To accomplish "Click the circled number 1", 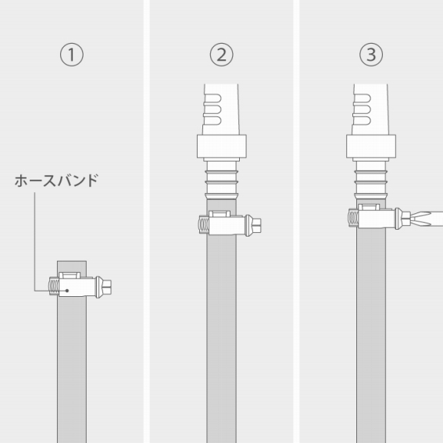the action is tap(72, 55).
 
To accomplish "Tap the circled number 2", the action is tap(222, 55).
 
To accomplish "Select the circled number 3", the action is tap(371, 55).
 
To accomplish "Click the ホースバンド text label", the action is tap(56, 180).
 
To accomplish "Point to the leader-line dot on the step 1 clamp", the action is tap(67, 291).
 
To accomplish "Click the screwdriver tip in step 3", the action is tap(413, 220).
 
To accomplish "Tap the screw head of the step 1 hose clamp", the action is tap(103, 287).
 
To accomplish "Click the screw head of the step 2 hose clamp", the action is tap(253, 226).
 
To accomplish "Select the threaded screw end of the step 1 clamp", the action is tap(54, 286).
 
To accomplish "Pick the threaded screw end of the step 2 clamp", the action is tap(204, 224).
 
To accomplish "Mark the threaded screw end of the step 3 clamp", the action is tap(353, 219).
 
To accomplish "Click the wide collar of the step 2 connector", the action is tap(222, 146).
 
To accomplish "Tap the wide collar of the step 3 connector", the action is tap(371, 146).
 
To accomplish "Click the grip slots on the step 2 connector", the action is tap(213, 109).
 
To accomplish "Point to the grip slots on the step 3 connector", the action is tap(363, 109).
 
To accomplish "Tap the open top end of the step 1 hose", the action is tap(72, 261).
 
